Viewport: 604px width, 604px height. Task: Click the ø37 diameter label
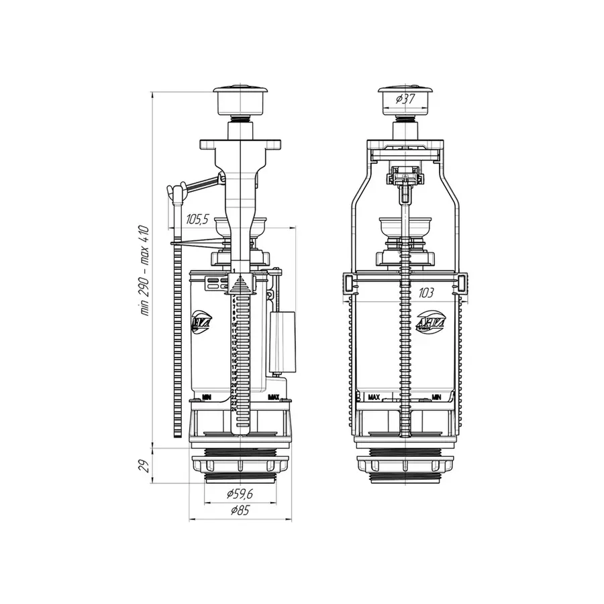(x=404, y=99)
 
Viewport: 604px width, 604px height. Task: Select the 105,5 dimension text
(x=197, y=219)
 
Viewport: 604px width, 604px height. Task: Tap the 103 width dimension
(x=424, y=293)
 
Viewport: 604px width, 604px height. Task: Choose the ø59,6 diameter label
(x=240, y=495)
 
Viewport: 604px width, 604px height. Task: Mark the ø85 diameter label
(x=240, y=511)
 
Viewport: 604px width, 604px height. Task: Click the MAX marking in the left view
(x=273, y=397)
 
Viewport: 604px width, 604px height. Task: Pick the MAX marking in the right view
(x=374, y=397)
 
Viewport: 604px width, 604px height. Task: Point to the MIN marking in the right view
(x=436, y=397)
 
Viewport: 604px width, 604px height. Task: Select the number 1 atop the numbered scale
(x=234, y=270)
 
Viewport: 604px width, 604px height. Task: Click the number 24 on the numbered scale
(x=233, y=409)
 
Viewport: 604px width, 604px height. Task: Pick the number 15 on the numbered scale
(x=233, y=355)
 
